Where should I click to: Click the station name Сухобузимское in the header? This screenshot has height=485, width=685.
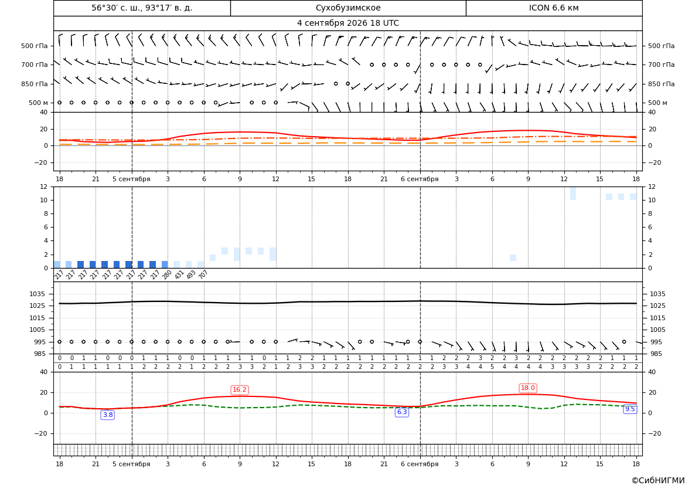coord(348,8)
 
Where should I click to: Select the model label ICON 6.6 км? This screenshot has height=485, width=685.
coord(554,8)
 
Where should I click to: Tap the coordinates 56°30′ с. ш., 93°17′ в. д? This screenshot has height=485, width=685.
coord(142,8)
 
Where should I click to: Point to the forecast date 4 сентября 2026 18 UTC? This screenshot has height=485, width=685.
coord(347,23)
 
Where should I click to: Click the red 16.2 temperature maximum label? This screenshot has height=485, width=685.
coord(240,389)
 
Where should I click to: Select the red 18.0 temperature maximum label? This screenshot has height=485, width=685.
coord(528,388)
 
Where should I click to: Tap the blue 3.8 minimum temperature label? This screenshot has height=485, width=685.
coord(107,415)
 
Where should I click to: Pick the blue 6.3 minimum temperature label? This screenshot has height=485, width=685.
coord(402,412)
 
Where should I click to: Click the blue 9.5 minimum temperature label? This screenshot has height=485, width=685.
coord(630,409)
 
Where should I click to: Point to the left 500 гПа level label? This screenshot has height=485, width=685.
coord(35,46)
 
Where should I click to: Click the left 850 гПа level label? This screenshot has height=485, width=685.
coord(35,84)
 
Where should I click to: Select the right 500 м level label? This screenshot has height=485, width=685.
coord(657,103)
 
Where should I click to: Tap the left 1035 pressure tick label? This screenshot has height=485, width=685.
coord(39,294)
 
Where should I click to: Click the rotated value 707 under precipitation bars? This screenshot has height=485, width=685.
coord(203,274)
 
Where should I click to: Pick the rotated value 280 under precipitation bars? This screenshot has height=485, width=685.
coord(166,274)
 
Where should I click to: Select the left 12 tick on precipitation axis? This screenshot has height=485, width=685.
coord(44,186)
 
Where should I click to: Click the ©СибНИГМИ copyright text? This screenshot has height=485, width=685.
coord(657,480)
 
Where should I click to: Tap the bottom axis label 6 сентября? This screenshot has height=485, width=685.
coord(420,464)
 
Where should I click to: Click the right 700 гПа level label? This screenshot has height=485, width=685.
coord(661,65)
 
